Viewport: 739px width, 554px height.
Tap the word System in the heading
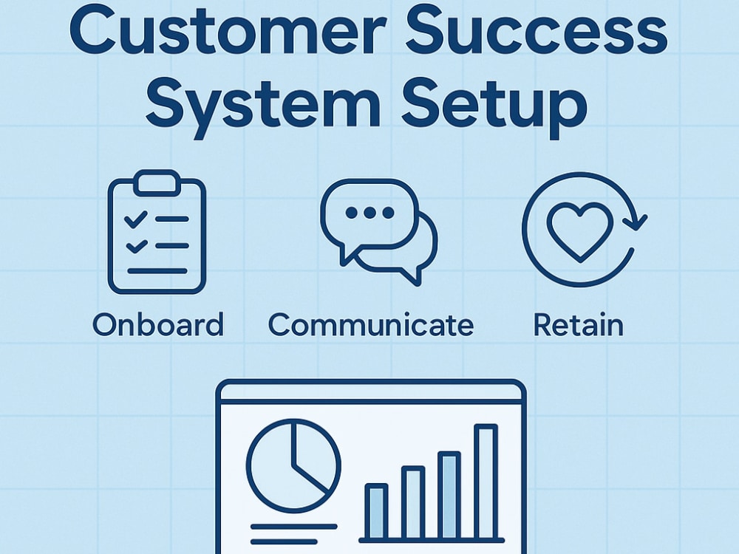pyautogui.click(x=263, y=105)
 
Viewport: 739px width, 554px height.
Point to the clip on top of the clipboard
pyautogui.click(x=157, y=182)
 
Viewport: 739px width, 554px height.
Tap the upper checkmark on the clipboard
pyautogui.click(x=136, y=219)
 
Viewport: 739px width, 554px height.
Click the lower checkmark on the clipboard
pyautogui.click(x=136, y=246)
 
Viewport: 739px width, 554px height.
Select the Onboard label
pyautogui.click(x=158, y=324)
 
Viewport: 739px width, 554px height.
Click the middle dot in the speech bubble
pyautogui.click(x=370, y=213)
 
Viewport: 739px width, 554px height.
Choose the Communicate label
pyautogui.click(x=371, y=324)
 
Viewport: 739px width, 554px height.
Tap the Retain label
pyautogui.click(x=579, y=324)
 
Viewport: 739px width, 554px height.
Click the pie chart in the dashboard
pyautogui.click(x=293, y=465)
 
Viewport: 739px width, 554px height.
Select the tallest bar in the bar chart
pyautogui.click(x=486, y=481)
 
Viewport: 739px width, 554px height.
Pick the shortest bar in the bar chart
pyautogui.click(x=377, y=511)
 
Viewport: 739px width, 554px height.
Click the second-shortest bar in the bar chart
pyautogui.click(x=413, y=502)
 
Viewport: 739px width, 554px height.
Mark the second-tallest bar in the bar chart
pyautogui.click(x=449, y=495)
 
